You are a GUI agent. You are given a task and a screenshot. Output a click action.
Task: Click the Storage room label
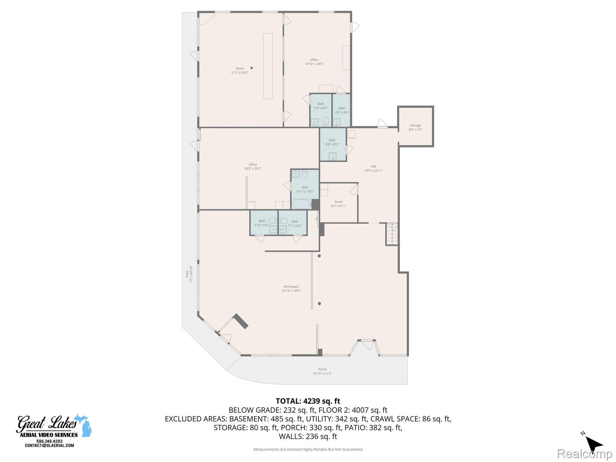(415, 128)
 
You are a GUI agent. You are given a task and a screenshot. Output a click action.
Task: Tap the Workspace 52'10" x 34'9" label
(291, 288)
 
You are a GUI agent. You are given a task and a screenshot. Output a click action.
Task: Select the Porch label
(322, 371)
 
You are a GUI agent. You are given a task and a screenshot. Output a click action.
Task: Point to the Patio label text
(189, 274)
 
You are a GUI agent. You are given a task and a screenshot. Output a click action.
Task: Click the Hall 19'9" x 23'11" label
(373, 168)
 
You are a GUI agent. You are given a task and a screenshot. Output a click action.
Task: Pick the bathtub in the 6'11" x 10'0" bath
(302, 204)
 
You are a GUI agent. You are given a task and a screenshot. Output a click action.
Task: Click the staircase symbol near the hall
(392, 234)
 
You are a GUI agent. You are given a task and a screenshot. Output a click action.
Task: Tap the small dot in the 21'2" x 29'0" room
(251, 68)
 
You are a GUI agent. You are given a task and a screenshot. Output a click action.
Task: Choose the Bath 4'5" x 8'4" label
(342, 110)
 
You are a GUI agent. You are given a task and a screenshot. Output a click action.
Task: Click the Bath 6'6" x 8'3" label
(332, 142)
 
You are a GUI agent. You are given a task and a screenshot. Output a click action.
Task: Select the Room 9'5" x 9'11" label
(338, 204)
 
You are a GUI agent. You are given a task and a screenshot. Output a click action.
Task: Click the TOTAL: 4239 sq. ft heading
(308, 401)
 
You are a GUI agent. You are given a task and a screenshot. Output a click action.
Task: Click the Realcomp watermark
(584, 454)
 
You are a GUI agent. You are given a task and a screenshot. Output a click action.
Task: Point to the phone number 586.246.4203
(49, 441)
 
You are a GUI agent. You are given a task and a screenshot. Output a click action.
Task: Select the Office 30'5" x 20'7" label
(253, 167)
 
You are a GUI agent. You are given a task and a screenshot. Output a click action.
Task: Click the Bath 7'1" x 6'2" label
(295, 223)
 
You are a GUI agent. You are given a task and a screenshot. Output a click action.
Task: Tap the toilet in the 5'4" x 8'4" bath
(326, 122)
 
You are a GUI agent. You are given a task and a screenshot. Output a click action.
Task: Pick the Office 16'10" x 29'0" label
(314, 62)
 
